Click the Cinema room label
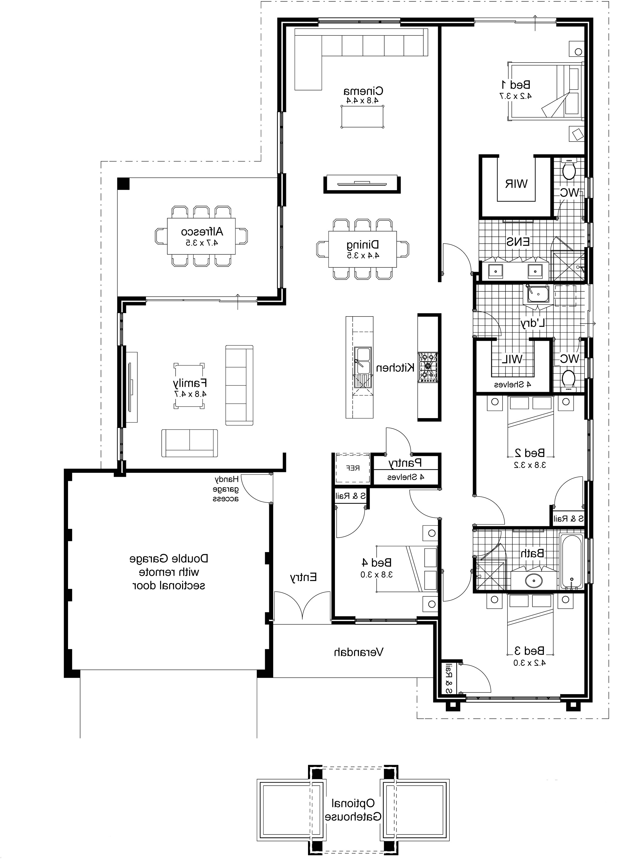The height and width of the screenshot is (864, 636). point(363,91)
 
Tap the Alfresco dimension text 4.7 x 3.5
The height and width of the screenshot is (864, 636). point(202,243)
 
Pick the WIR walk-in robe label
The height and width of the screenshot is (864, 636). point(516,184)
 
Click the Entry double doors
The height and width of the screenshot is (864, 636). point(302,607)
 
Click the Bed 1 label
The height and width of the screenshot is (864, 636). point(516,84)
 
